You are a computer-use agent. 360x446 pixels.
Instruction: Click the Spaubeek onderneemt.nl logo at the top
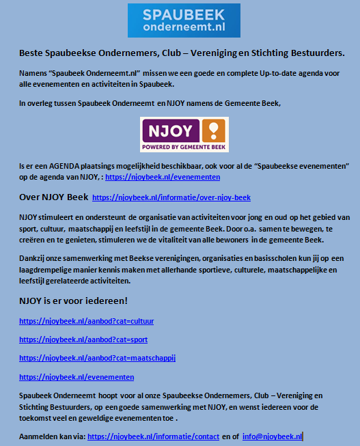click(x=184, y=20)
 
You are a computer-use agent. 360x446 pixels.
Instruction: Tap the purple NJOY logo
click(x=184, y=135)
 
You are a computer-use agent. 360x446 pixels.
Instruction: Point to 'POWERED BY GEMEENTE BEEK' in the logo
click(x=176, y=145)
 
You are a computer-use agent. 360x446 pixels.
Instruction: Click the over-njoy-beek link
click(x=171, y=198)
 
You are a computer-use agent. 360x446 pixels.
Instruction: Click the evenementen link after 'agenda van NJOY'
click(x=163, y=177)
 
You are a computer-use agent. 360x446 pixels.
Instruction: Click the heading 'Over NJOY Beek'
click(x=53, y=197)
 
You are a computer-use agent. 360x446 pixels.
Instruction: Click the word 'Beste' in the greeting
click(x=31, y=52)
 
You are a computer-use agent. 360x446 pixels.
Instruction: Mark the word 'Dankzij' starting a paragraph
click(x=33, y=251)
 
